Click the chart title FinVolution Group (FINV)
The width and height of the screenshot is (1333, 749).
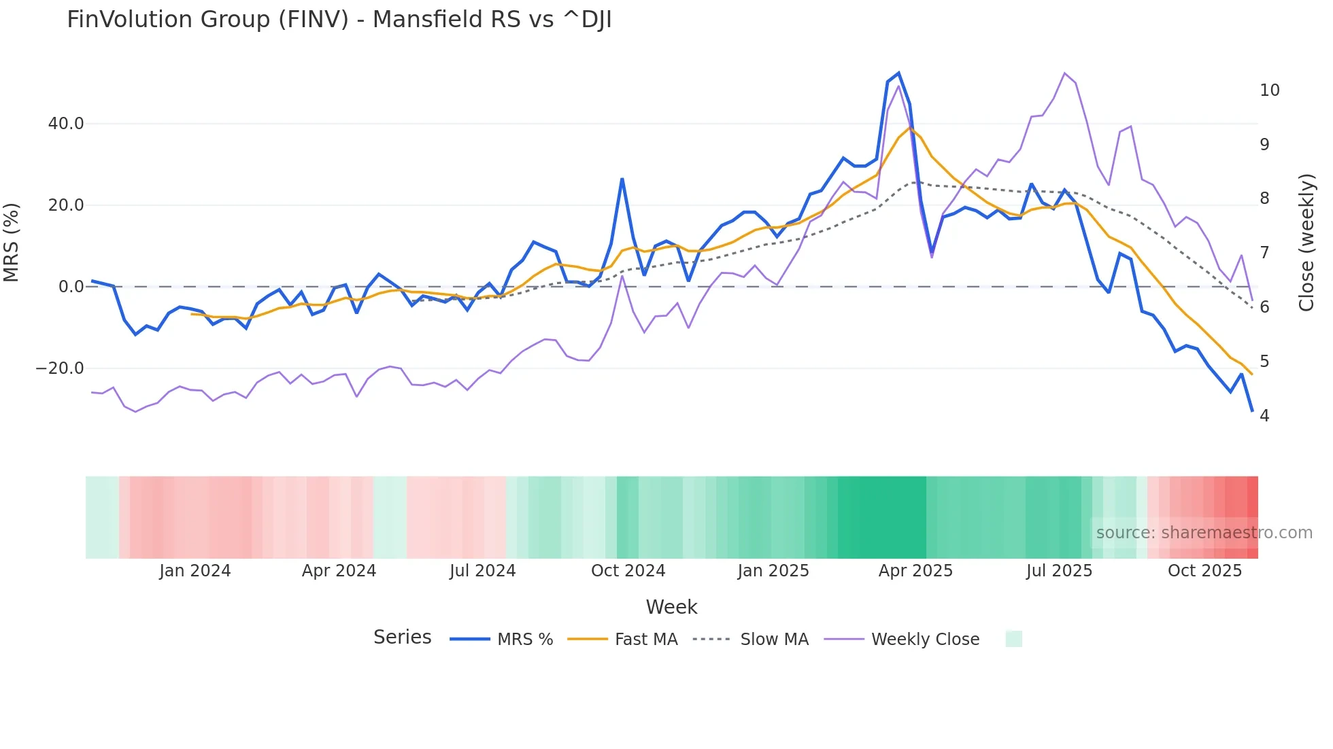[339, 19]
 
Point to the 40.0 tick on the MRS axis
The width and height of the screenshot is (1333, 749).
[66, 124]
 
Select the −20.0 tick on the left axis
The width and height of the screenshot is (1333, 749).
[60, 368]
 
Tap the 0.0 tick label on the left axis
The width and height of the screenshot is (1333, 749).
[71, 287]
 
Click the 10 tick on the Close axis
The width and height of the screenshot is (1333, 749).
[1269, 90]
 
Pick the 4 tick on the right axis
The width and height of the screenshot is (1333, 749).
[1264, 415]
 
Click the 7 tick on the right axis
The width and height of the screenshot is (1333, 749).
[1264, 253]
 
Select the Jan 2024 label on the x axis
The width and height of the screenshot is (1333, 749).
[195, 571]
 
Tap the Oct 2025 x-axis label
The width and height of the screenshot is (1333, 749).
[1204, 571]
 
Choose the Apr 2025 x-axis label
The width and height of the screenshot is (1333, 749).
[915, 571]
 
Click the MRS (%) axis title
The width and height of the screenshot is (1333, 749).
[12, 242]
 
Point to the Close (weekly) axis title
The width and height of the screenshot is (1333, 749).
[1306, 242]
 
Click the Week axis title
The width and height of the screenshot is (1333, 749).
[671, 607]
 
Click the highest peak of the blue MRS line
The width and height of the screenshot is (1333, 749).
[898, 73]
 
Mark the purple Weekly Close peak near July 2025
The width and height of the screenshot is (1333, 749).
[1064, 73]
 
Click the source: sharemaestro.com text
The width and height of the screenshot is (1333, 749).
[1204, 533]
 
